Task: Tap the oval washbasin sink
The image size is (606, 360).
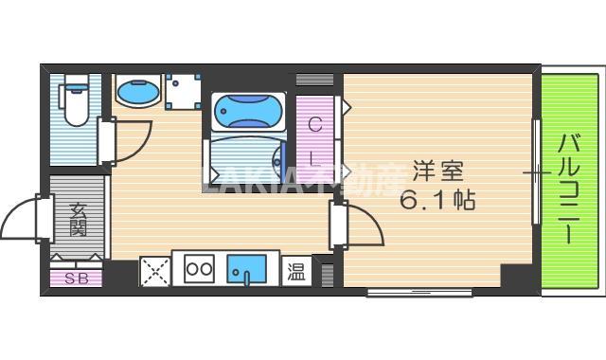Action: pos(138,93)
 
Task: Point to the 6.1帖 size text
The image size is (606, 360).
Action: pos(437,201)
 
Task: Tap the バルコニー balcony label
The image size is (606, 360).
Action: pos(568,189)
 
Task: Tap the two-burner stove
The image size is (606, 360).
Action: pos(199,269)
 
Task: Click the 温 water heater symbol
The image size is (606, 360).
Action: pos(295,270)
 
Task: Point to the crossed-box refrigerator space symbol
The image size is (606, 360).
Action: pos(153,270)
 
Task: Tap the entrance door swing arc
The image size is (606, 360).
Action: pos(21,220)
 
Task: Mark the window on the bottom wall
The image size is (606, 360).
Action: pos(419,292)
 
